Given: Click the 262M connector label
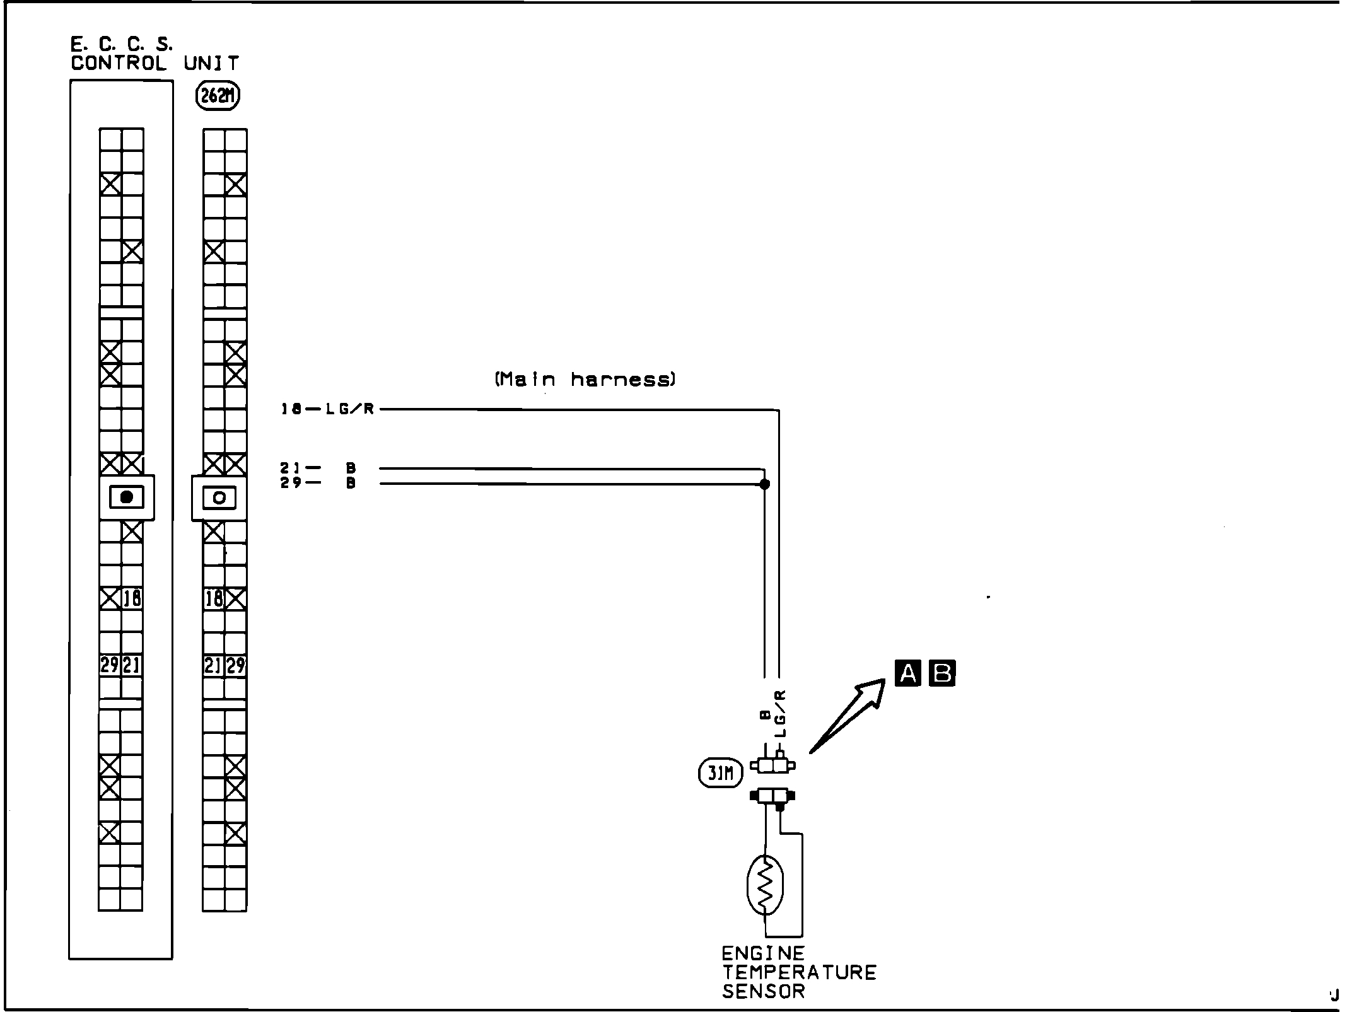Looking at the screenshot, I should point(218,96).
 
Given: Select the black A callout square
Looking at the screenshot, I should point(907,673).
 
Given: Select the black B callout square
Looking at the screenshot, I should point(942,673).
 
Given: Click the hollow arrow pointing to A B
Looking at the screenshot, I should point(848,715).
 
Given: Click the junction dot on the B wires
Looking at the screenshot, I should point(765,484).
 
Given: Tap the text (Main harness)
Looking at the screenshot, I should point(585,380).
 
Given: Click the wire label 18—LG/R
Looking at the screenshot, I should point(328,409).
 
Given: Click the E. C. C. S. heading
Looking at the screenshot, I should point(122,44).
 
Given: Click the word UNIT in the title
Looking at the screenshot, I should point(211,63).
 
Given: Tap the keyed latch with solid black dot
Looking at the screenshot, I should point(127,497).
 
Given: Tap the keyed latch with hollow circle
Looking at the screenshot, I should point(219,497).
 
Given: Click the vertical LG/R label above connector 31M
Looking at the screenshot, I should point(781,713).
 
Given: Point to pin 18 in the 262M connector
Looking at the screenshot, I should point(214,598).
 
